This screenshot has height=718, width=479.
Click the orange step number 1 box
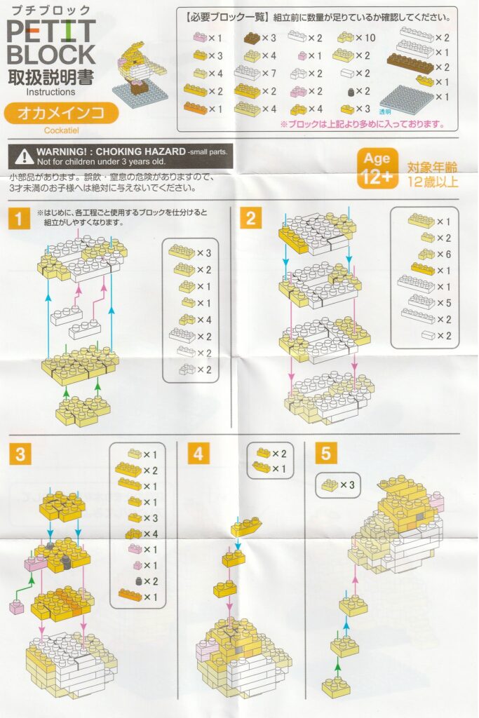coord(19,218)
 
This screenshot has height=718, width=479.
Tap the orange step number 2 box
coord(251,217)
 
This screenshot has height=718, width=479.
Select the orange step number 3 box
coord(20,454)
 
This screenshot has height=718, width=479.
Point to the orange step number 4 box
coord(198,454)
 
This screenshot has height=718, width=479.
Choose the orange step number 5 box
coord(325,453)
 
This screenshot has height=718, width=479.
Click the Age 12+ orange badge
coord(377,168)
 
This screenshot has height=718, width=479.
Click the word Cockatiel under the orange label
coord(61,130)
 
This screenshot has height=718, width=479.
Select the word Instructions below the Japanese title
coord(50,92)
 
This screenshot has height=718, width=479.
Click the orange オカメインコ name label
coord(61,113)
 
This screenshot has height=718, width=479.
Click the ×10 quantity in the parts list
coord(365,38)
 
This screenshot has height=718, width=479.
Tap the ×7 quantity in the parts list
coord(269,73)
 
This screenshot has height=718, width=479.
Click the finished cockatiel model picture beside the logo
coord(141,73)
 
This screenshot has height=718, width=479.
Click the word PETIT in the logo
coord(51,32)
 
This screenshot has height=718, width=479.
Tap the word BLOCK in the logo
coord(51,55)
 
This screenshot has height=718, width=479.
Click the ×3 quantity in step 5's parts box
coord(347,485)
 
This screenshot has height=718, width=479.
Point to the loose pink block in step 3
coord(17,607)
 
